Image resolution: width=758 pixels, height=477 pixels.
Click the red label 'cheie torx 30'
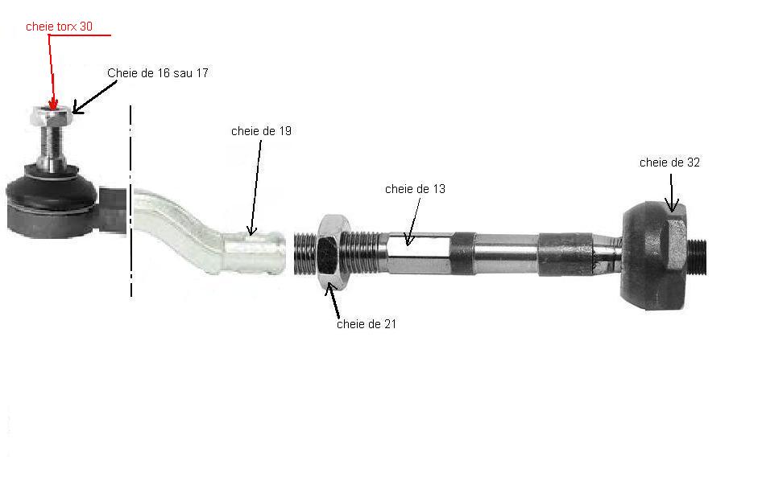59,27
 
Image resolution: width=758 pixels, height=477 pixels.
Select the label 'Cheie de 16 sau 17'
158,73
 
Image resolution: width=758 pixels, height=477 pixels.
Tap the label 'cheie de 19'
261,131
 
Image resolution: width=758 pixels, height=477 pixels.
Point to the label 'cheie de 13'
415,189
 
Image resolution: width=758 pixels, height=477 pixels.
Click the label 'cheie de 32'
669,162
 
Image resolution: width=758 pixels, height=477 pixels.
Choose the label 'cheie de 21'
367,324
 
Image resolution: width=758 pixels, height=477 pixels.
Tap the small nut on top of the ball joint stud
50,117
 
